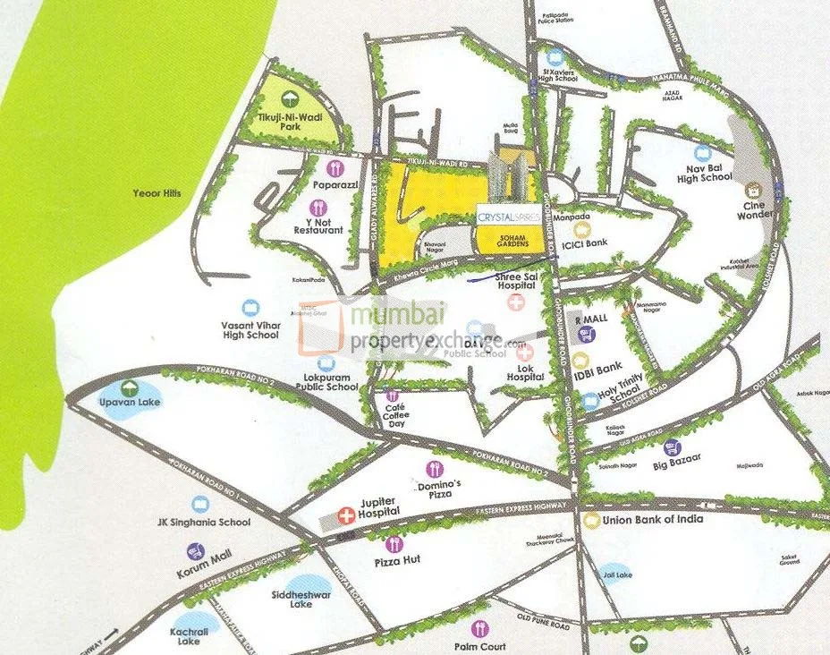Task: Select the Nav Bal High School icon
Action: pos(703,153)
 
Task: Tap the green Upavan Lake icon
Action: pos(131,387)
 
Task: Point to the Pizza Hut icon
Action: pos(393,544)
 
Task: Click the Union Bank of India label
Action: pos(652,519)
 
